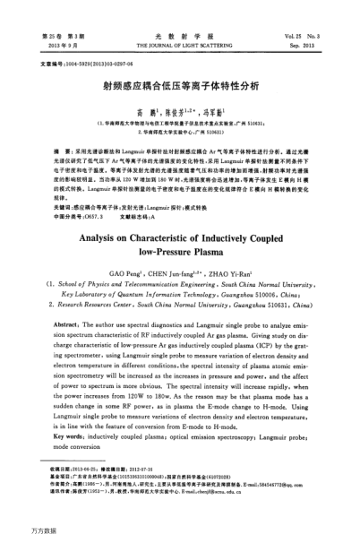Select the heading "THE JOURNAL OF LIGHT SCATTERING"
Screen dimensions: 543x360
pyautogui.click(x=180, y=42)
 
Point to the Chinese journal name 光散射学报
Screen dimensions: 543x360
pyautogui.click(x=180, y=32)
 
